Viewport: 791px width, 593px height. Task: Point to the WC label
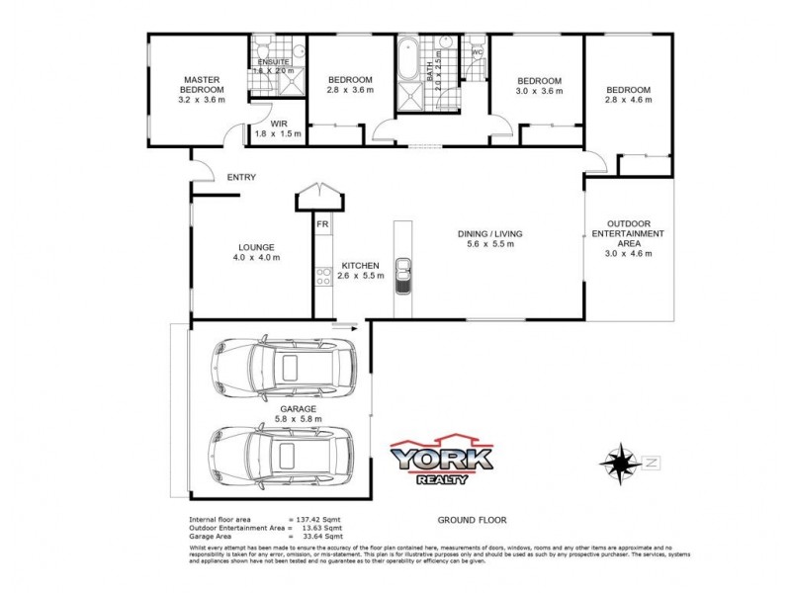click(478, 52)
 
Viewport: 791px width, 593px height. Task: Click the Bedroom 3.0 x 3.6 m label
click(539, 85)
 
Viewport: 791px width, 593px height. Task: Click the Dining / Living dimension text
click(489, 245)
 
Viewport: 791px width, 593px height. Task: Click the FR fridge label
click(322, 225)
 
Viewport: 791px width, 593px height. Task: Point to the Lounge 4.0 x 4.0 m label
click(256, 252)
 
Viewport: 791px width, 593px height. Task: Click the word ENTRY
click(241, 178)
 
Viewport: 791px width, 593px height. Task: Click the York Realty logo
click(442, 462)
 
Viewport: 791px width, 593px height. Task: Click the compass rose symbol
click(620, 461)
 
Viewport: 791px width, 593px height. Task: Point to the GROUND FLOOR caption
click(466, 518)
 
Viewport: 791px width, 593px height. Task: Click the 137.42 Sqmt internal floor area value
click(319, 518)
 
